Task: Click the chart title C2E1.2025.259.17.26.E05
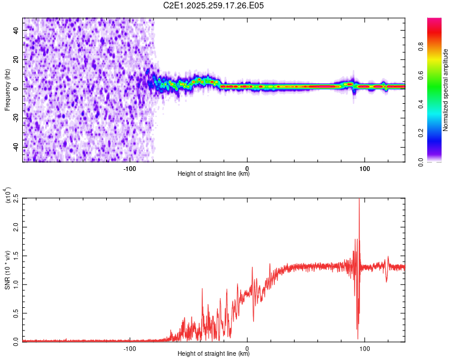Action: point(214,5)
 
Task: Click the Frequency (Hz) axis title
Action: point(7,89)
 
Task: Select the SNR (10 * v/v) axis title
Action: point(8,269)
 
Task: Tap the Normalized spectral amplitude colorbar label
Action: point(445,90)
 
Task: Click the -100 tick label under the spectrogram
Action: point(130,169)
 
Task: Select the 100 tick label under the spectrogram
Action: point(364,169)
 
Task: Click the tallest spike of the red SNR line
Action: point(359,200)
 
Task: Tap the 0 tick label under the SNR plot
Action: point(247,349)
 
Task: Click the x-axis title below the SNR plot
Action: point(214,354)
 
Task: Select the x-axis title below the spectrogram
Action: point(214,174)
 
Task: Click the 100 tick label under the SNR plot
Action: point(364,349)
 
